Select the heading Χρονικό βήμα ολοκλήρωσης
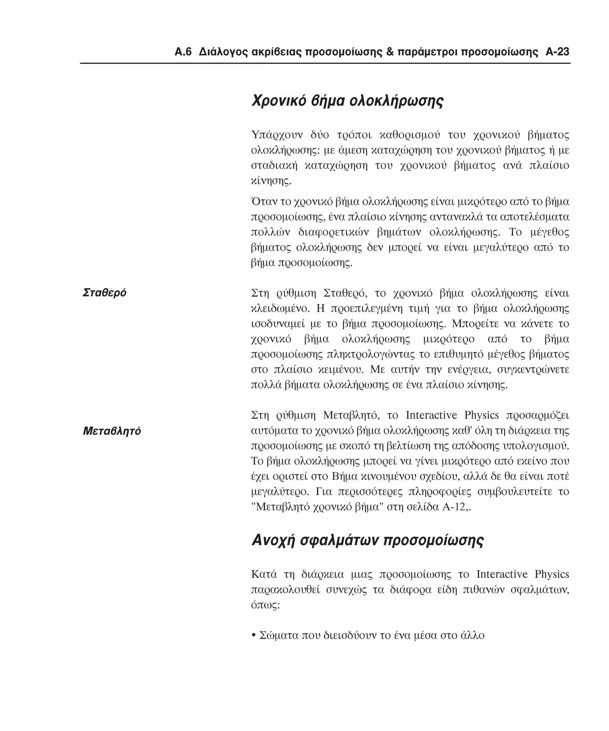(x=347, y=101)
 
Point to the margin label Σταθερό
(x=104, y=293)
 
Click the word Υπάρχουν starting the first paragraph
(x=277, y=135)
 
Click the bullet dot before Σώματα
(x=253, y=636)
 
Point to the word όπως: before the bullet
(x=265, y=605)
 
